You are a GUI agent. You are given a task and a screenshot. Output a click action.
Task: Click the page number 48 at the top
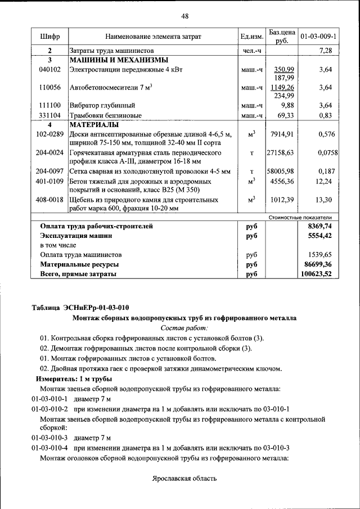[x=184, y=16]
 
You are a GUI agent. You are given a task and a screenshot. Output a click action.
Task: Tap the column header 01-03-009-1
[x=318, y=37]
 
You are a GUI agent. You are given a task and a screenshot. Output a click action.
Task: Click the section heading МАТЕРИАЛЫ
[x=94, y=124]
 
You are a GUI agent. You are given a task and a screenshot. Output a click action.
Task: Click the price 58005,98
[x=281, y=172]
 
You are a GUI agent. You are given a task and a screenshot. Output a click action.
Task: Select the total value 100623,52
[x=317, y=274]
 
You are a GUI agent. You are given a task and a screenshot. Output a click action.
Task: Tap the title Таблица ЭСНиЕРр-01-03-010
[x=80, y=307]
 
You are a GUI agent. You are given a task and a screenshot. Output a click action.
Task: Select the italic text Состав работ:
[x=184, y=327]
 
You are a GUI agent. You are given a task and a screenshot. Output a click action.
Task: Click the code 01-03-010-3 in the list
[x=49, y=437]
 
